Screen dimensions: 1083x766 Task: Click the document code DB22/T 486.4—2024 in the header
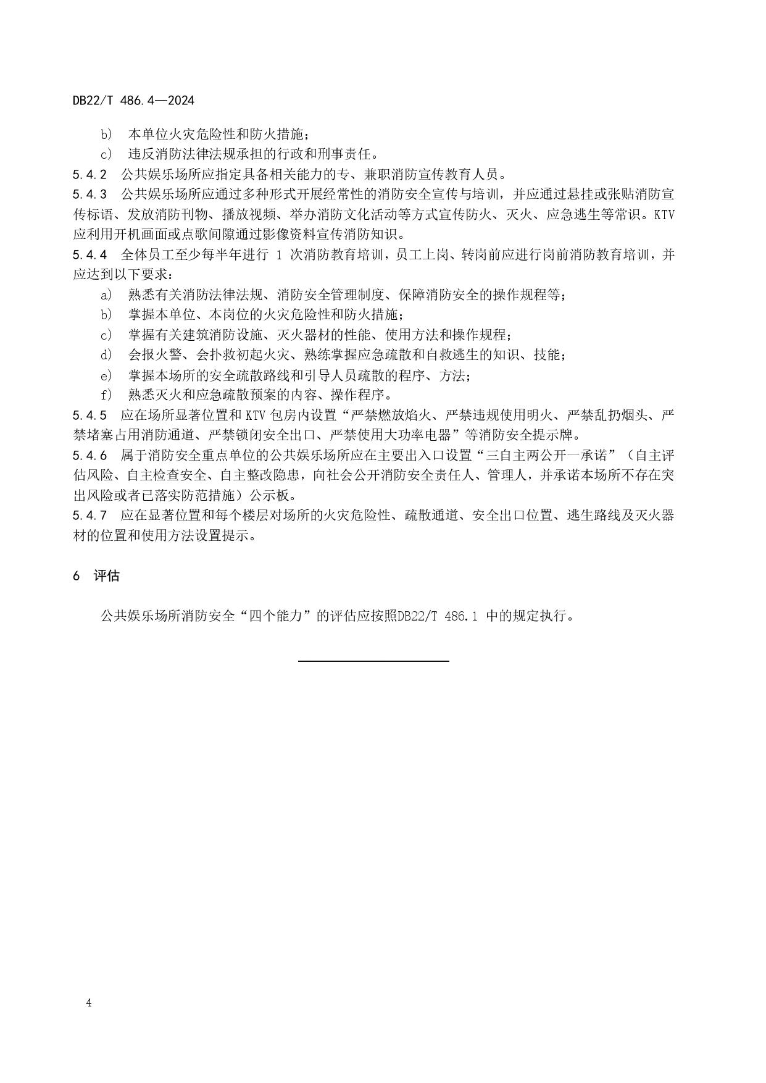pos(133,100)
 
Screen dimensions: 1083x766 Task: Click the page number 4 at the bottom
pos(89,1003)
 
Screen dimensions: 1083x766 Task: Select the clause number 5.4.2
pos(90,174)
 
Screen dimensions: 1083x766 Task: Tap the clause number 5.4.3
pos(90,194)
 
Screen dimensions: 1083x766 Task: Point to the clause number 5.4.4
pos(90,255)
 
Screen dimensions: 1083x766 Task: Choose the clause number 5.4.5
pos(90,415)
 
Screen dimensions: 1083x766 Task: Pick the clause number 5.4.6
pos(90,456)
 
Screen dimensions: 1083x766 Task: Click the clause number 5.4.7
pos(90,516)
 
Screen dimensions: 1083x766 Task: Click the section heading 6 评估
pos(96,576)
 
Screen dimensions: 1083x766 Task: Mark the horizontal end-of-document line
pos(373,661)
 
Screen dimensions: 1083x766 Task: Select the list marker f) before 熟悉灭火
pos(107,395)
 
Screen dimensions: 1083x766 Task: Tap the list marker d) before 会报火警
pos(107,355)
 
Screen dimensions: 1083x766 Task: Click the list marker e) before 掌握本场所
pos(107,375)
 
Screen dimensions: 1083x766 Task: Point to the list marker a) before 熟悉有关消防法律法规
pos(107,295)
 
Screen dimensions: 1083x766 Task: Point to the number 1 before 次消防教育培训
pos(280,255)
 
